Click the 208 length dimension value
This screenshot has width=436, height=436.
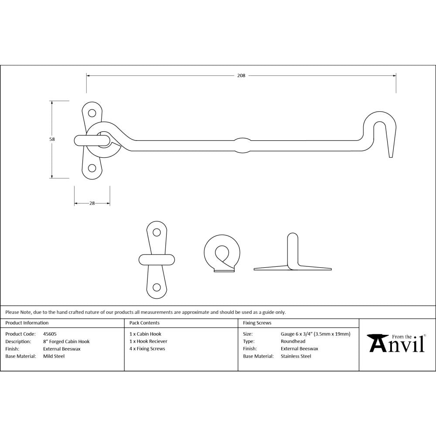[241, 75]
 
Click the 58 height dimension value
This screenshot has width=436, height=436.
[52, 139]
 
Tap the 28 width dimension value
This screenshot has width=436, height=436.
[92, 203]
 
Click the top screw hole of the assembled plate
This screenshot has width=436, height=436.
[92, 113]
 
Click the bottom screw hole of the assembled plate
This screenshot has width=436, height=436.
[92, 168]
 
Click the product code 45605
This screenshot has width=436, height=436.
[50, 334]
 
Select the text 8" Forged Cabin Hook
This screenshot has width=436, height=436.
[66, 341]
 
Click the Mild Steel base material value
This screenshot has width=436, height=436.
[54, 356]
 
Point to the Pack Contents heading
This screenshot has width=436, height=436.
[144, 323]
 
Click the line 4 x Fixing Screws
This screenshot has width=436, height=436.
[147, 349]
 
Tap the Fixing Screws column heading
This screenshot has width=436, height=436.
[257, 323]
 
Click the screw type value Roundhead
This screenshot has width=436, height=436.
[293, 341]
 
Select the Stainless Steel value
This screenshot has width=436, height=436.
[296, 356]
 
